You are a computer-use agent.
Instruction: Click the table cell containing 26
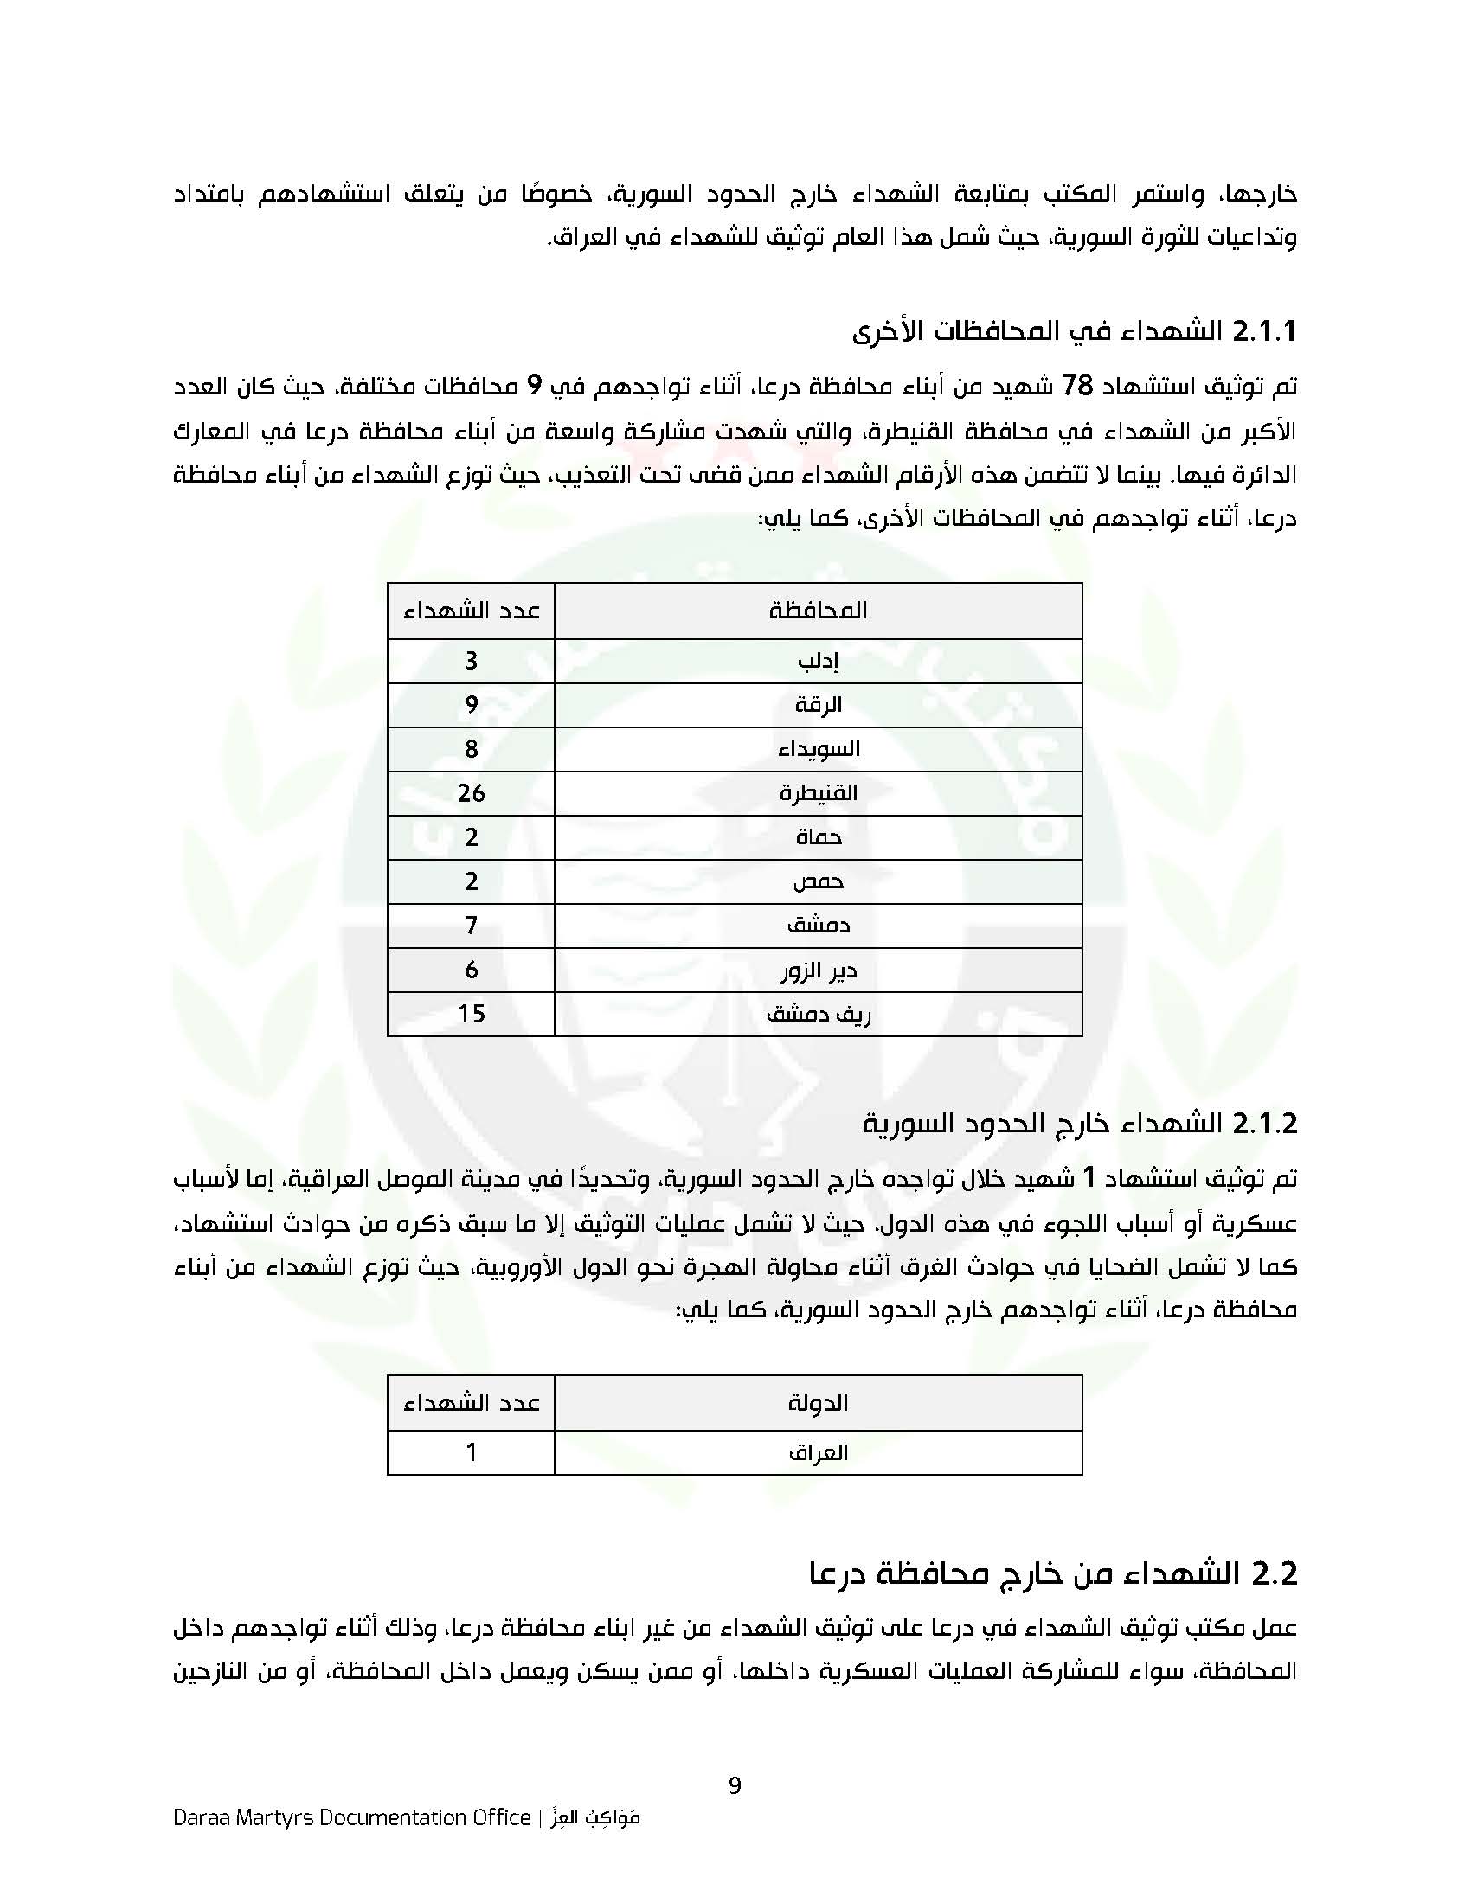click(471, 793)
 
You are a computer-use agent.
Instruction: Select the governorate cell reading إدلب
click(818, 662)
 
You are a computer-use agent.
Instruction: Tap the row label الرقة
click(818, 705)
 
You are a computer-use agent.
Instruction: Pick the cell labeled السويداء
click(818, 749)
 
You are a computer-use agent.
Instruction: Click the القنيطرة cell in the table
click(818, 793)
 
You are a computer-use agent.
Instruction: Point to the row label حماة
click(818, 837)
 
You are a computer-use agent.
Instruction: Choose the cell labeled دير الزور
click(818, 970)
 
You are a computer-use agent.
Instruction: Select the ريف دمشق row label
click(818, 1014)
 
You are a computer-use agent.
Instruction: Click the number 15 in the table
click(471, 1014)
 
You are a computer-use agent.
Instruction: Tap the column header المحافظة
click(818, 610)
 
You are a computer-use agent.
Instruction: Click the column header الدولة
click(818, 1403)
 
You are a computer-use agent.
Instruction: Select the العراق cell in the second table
click(818, 1452)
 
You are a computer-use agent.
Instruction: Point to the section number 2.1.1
click(1263, 331)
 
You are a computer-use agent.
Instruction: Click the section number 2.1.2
click(1263, 1123)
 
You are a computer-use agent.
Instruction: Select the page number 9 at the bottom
click(735, 1785)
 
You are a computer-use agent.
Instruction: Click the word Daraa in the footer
click(199, 1817)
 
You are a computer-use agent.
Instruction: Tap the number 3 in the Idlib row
click(471, 662)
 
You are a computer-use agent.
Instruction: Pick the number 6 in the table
click(471, 970)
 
